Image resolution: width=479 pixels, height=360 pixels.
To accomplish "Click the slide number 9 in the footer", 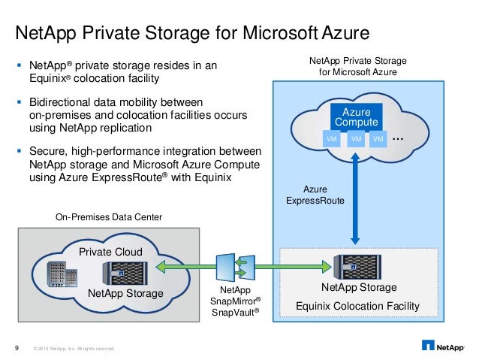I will [17, 346].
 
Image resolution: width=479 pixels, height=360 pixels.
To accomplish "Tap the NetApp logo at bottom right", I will [446, 346].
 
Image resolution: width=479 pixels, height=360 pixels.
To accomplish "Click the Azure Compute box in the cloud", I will [357, 117].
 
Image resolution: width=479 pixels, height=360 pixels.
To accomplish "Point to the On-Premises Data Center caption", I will [109, 217].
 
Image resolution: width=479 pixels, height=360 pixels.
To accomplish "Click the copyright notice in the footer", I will [74, 347].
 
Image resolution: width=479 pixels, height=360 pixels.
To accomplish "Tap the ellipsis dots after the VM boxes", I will [399, 138].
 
